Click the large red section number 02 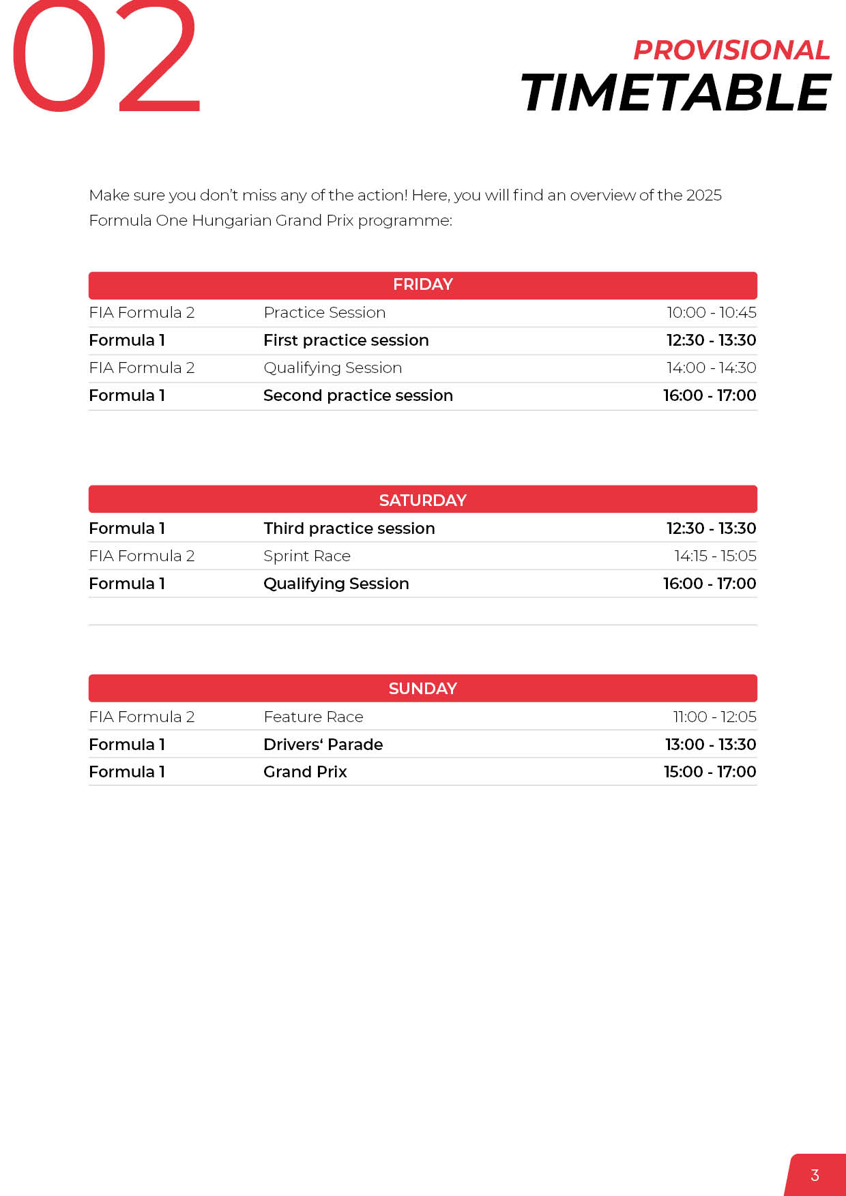[x=106, y=58]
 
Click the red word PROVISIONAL [x=731, y=50]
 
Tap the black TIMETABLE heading [x=675, y=93]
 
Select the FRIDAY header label [x=423, y=284]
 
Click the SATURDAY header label [x=423, y=500]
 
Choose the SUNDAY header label [x=423, y=688]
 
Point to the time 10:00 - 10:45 [x=712, y=312]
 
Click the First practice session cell [x=346, y=340]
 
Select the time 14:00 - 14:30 [x=712, y=368]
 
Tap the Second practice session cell [x=358, y=395]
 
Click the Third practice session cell [x=349, y=528]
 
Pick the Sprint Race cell [x=307, y=556]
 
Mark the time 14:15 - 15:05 [x=715, y=556]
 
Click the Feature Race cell [x=313, y=717]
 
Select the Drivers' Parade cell [x=323, y=745]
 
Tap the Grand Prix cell [x=305, y=772]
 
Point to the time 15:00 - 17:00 [x=710, y=772]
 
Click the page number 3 [x=815, y=1175]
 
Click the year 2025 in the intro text [x=703, y=195]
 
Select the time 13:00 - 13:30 [x=710, y=745]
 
